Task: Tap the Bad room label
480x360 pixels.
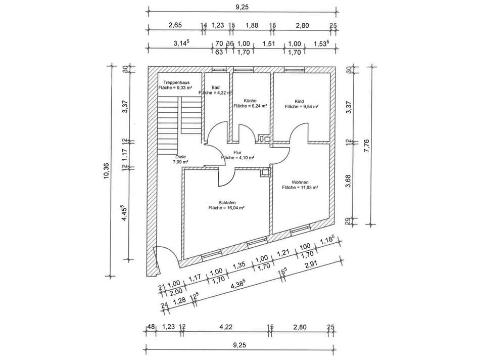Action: pos(209,87)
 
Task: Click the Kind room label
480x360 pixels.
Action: pos(300,101)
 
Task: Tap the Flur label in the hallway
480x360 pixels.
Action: pos(237,152)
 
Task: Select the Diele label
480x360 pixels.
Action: pos(181,157)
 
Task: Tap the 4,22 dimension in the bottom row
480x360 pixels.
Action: pos(226,328)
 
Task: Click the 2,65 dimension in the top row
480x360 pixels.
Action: pos(175,25)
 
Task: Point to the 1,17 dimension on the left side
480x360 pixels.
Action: pos(124,154)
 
